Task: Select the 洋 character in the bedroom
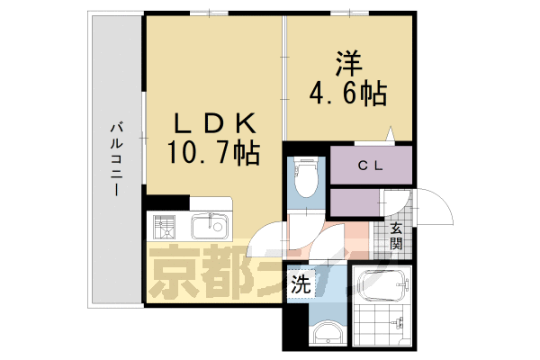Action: pos(349,63)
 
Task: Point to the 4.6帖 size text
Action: pos(349,91)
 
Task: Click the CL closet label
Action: pos(370,165)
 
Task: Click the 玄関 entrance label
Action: pos(397,236)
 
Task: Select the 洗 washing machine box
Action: pos(301,285)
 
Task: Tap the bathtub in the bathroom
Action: pos(381,286)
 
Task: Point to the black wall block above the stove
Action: pos(167,202)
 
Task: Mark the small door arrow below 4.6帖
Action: pos(390,135)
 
